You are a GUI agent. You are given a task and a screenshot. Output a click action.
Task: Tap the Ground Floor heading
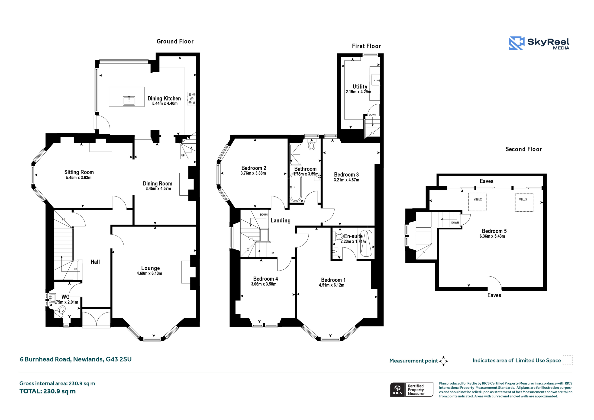tap(175, 41)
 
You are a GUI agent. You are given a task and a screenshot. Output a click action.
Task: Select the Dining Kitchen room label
tap(164, 98)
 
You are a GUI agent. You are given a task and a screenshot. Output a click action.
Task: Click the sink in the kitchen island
tap(129, 101)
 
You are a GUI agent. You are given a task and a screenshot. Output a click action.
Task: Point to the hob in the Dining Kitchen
tap(192, 99)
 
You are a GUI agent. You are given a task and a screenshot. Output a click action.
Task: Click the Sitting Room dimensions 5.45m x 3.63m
tap(79, 178)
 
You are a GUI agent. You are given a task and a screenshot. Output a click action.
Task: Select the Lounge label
tap(150, 268)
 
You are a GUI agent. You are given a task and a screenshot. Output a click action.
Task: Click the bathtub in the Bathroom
tap(295, 187)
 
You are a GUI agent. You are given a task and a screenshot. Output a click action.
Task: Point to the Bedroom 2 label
tap(254, 168)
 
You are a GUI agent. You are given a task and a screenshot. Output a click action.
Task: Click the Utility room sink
tap(375, 80)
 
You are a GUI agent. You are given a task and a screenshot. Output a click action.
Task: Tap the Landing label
tap(281, 220)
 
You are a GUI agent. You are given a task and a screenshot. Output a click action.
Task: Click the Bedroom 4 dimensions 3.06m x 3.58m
tap(264, 284)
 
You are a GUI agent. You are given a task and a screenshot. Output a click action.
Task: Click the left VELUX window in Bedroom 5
tap(477, 202)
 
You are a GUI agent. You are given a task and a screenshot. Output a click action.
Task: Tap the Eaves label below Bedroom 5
tap(494, 295)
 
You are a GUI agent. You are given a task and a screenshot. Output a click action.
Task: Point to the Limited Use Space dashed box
tap(568, 360)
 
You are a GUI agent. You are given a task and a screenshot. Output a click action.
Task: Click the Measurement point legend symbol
tap(443, 361)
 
